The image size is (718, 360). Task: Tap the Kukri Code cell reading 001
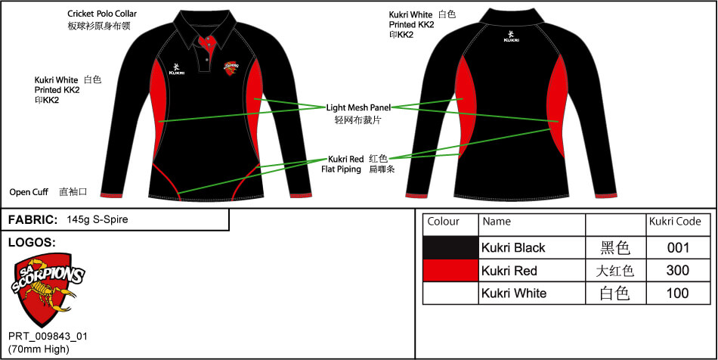pyautogui.click(x=678, y=247)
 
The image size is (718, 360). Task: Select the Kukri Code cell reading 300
pyautogui.click(x=678, y=270)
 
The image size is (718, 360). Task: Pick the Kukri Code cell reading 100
pyautogui.click(x=678, y=293)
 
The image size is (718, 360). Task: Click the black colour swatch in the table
pyautogui.click(x=450, y=247)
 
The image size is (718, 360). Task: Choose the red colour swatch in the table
pyautogui.click(x=450, y=270)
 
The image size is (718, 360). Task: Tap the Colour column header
pyautogui.click(x=444, y=222)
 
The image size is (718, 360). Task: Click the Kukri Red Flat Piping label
pyautogui.click(x=345, y=163)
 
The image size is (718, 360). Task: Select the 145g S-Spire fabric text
pyautogui.click(x=97, y=219)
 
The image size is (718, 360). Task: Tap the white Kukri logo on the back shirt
pyautogui.click(x=512, y=36)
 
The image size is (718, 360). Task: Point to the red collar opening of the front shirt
pyautogui.click(x=207, y=41)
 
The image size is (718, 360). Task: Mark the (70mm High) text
pyautogui.click(x=39, y=349)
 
